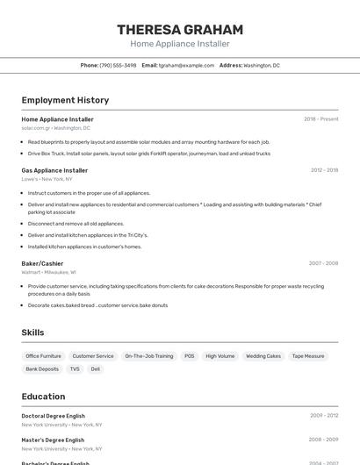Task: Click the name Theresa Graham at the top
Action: coord(180,30)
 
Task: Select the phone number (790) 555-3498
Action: coord(118,66)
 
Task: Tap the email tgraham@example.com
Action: coord(186,66)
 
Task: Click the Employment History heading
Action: coord(65,100)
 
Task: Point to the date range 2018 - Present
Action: coord(320,119)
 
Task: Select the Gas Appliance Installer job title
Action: coord(54,170)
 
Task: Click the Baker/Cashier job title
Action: coord(42,263)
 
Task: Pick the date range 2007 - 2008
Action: coord(323,263)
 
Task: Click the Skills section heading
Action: coord(32,333)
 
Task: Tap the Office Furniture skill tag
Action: coord(44,356)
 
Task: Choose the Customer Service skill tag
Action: coord(93,356)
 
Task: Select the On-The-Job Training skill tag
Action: coord(148,356)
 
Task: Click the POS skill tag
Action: coord(189,356)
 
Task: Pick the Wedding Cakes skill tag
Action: coord(263,356)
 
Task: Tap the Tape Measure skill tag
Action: coord(308,356)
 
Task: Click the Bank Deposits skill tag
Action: coord(42,369)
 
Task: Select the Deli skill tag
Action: coord(96,369)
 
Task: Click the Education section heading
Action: coord(43,397)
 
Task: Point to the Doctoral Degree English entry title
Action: coord(54,416)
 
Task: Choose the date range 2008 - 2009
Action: coord(323,440)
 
